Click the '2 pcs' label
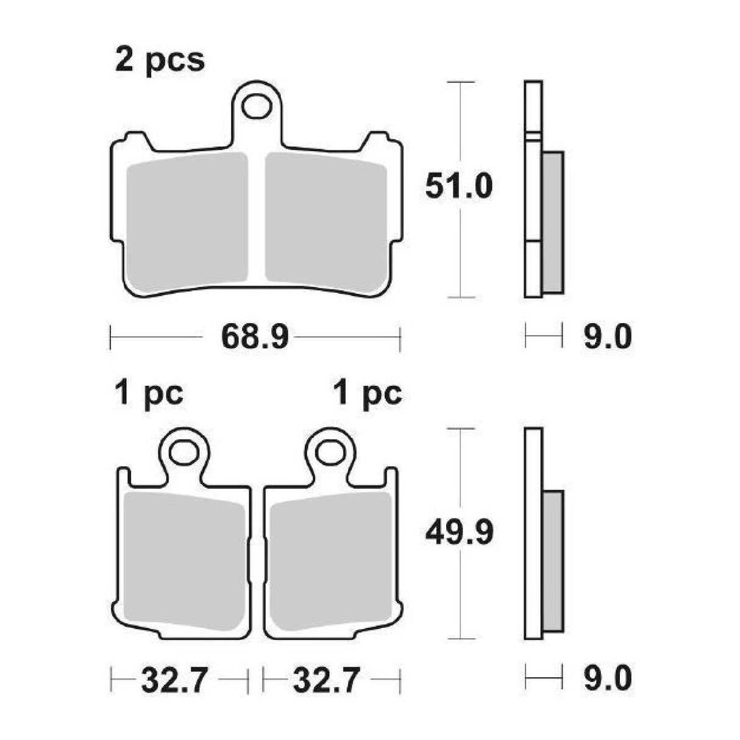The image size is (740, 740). click(160, 61)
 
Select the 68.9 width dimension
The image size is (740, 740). click(254, 337)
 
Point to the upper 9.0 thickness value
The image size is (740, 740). click(607, 337)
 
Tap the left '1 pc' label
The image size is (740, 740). click(148, 394)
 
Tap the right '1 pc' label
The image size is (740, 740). click(368, 394)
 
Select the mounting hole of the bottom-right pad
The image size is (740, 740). click(329, 452)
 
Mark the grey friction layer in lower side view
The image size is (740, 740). click(553, 561)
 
